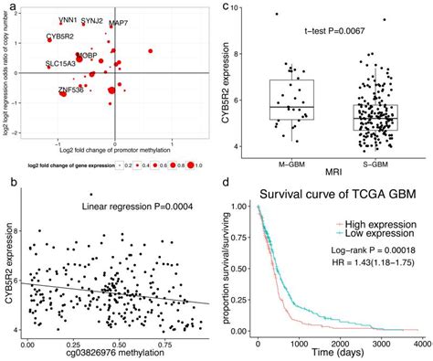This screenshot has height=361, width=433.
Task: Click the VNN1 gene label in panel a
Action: click(x=68, y=18)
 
